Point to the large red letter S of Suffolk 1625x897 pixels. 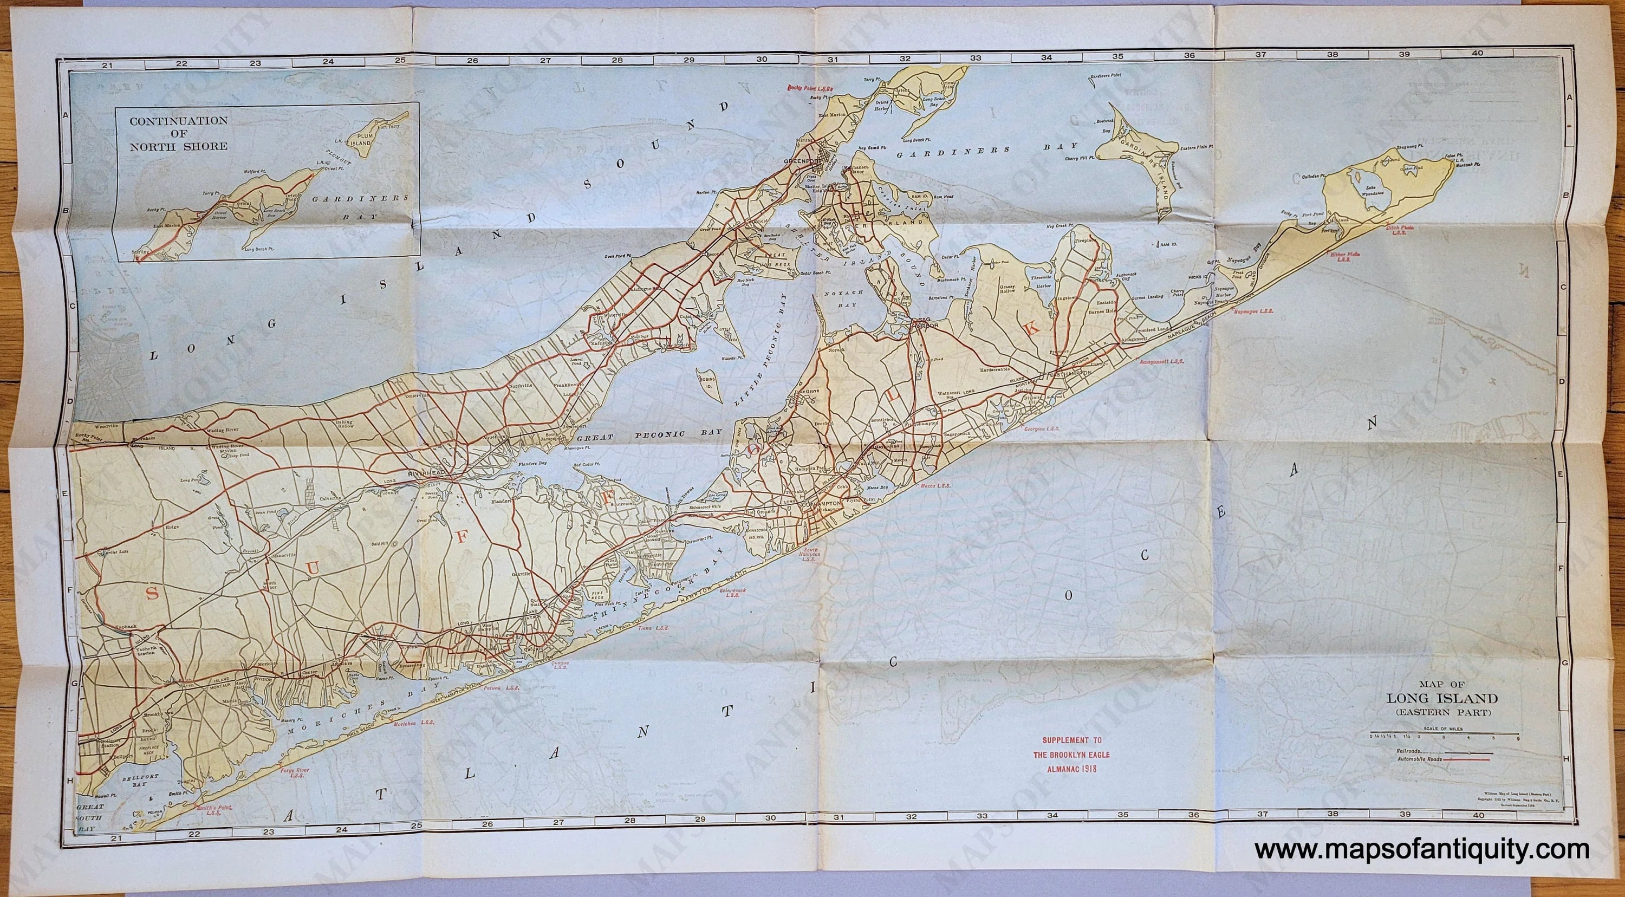[x=150, y=594]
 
